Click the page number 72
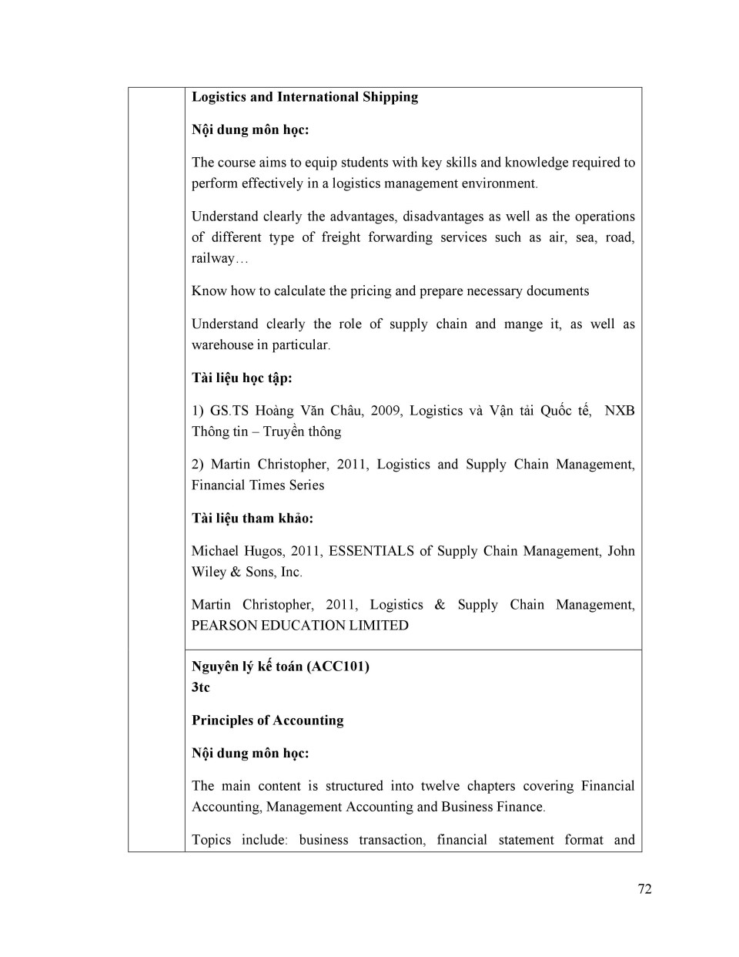644,888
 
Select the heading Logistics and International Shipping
305,97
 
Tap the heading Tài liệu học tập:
242,378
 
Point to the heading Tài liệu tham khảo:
252,518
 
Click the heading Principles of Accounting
268,720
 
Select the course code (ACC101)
338,667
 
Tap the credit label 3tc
200,687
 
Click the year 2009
386,411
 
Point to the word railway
212,258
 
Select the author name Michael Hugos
237,551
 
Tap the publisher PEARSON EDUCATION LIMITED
300,626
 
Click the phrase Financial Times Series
258,485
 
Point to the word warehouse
222,345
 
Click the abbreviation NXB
619,411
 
